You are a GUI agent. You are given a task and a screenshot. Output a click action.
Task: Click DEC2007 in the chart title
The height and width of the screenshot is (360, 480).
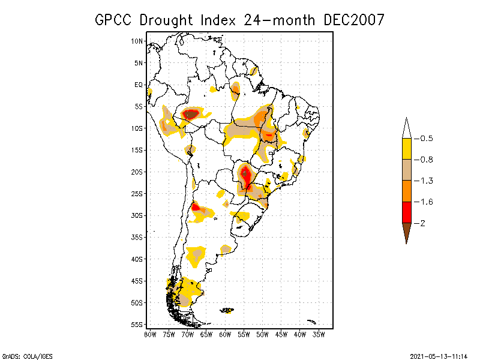click(354, 20)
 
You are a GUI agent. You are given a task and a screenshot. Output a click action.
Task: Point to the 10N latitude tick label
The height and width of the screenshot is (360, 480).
click(137, 41)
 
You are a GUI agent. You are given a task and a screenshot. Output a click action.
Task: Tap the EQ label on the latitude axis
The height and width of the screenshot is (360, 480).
click(139, 85)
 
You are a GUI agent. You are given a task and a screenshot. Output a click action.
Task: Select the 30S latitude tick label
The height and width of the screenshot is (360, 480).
click(137, 215)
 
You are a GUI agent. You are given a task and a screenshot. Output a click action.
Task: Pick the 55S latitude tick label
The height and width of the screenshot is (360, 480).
click(137, 325)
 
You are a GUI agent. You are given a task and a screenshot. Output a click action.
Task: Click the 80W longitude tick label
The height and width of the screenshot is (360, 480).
click(150, 334)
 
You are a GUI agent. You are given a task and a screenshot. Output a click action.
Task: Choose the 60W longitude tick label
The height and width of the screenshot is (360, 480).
click(225, 334)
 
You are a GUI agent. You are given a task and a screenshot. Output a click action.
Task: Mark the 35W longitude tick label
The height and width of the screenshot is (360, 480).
click(319, 334)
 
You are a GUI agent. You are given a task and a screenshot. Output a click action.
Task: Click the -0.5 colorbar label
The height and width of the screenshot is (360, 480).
click(424, 139)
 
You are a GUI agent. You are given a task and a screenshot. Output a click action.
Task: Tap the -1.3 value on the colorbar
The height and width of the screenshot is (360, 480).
click(424, 181)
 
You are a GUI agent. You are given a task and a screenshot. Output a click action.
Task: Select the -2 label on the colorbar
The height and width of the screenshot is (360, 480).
click(421, 223)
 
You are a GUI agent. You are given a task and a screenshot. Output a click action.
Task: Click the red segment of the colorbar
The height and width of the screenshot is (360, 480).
click(406, 212)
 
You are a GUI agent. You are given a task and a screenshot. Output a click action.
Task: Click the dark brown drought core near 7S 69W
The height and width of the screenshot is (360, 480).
click(191, 113)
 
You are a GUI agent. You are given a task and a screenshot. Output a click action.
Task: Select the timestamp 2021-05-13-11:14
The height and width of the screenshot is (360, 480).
click(438, 355)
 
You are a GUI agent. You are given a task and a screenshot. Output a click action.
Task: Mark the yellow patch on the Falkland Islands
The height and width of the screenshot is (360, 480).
click(228, 310)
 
